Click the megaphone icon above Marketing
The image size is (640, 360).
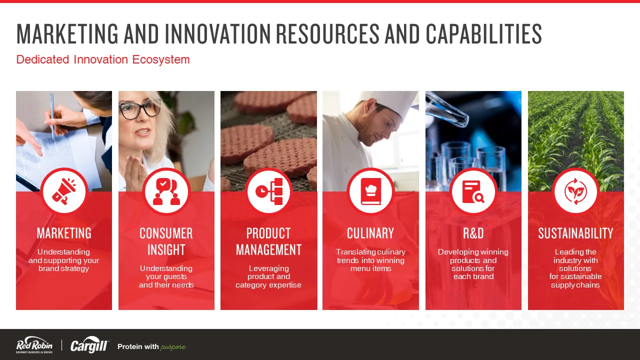click(x=64, y=191)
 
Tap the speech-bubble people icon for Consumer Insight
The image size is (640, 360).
click(x=166, y=191)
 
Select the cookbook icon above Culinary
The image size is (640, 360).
click(x=371, y=191)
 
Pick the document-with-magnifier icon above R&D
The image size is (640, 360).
click(x=473, y=191)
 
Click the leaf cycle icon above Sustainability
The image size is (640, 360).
click(x=575, y=191)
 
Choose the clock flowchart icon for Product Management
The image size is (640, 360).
click(x=269, y=191)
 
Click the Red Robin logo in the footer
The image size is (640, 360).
click(x=34, y=345)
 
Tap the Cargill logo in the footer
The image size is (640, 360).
click(x=89, y=345)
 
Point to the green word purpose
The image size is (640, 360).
click(x=173, y=347)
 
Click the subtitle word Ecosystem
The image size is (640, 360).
click(x=161, y=59)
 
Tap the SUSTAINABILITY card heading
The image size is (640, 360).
click(x=575, y=233)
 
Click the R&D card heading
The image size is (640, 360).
click(x=473, y=233)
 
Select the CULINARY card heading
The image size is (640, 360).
click(x=370, y=233)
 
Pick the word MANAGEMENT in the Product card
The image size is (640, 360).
click(x=268, y=249)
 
